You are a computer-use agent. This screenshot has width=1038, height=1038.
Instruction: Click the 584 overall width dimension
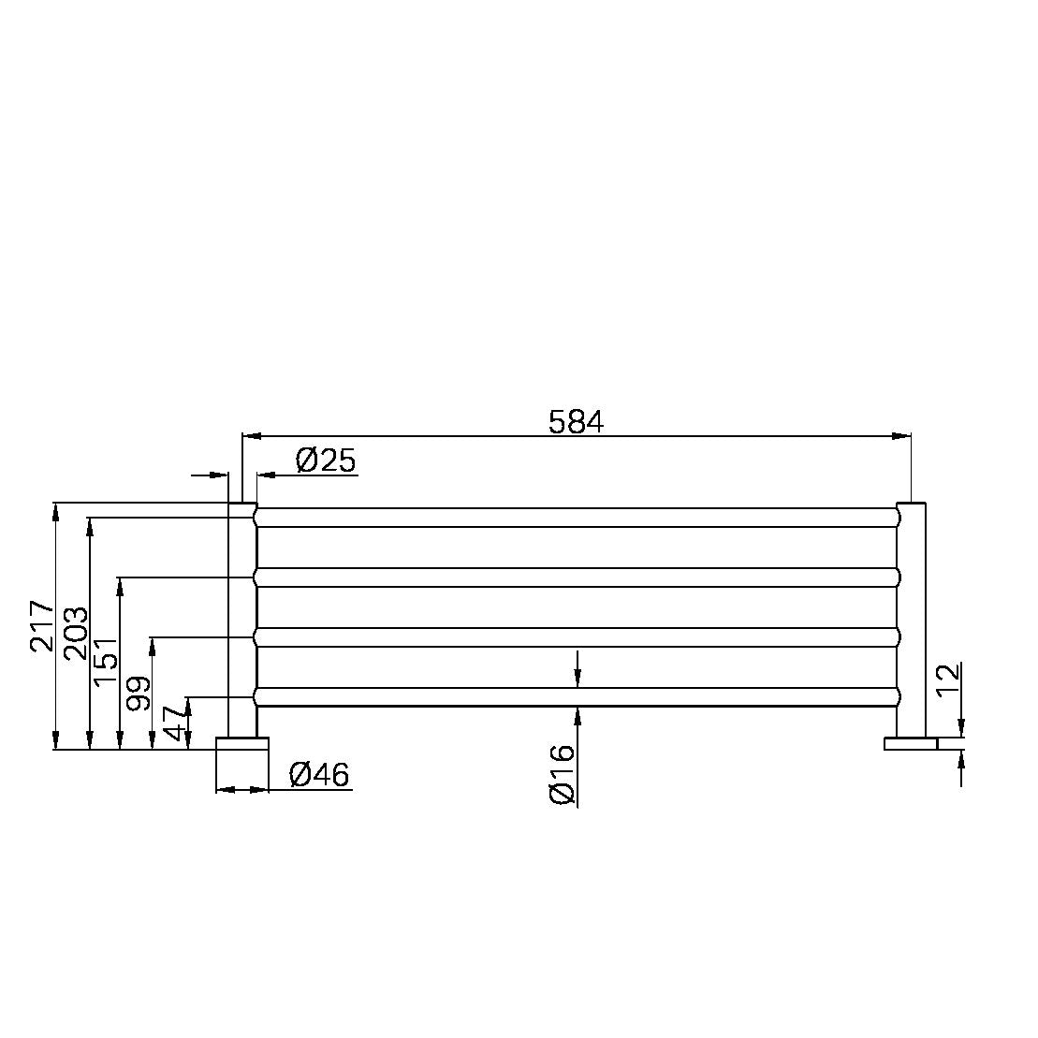[x=576, y=422]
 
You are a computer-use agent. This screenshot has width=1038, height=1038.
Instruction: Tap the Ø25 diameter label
[x=325, y=461]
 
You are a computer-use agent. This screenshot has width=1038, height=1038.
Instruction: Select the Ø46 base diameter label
[x=319, y=775]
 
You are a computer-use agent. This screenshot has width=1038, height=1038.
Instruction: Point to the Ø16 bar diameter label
[x=562, y=774]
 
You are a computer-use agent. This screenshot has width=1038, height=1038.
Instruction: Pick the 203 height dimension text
[x=75, y=634]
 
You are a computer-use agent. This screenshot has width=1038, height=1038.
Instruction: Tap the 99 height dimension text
[x=138, y=694]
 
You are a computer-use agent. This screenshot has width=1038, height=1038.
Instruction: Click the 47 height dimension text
[x=175, y=724]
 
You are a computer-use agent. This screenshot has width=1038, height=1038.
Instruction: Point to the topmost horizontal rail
[x=576, y=518]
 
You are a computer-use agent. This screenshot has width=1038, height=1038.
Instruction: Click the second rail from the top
[x=576, y=577]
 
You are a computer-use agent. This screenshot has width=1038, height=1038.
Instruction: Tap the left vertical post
[x=242, y=618]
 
